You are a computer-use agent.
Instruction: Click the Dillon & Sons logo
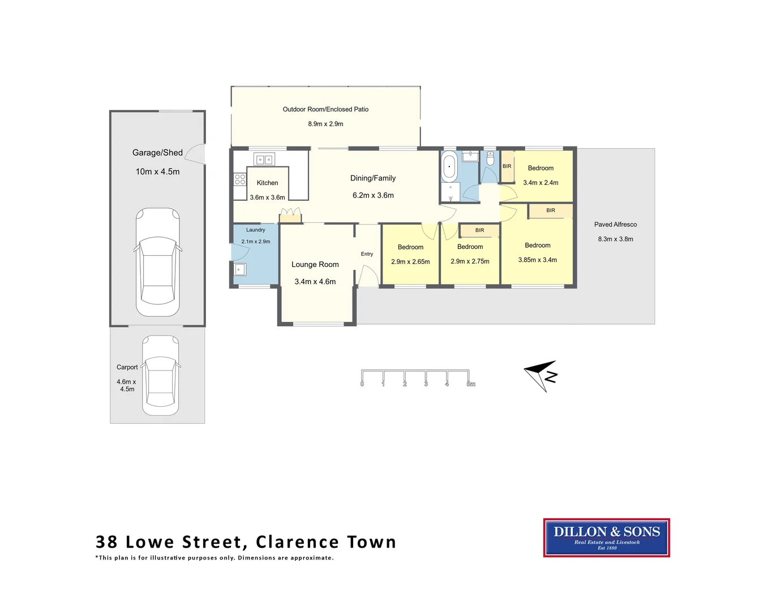pyautogui.click(x=606, y=537)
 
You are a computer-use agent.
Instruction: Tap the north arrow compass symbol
pyautogui.click(x=541, y=375)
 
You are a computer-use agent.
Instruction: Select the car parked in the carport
pyautogui.click(x=161, y=375)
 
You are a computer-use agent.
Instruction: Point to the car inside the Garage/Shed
pyautogui.click(x=158, y=263)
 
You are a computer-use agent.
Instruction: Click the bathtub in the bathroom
pyautogui.click(x=449, y=166)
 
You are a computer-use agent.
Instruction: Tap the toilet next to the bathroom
pyautogui.click(x=490, y=158)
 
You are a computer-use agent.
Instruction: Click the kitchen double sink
pyautogui.click(x=264, y=160)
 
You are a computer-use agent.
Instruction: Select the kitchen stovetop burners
pyautogui.click(x=240, y=179)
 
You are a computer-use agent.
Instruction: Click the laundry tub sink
pyautogui.click(x=240, y=270)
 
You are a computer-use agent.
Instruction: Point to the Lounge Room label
pyautogui.click(x=315, y=264)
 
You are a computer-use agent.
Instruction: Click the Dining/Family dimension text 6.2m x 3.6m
pyautogui.click(x=373, y=195)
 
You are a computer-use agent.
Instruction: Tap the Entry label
pyautogui.click(x=367, y=254)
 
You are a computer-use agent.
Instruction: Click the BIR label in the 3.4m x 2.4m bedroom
pyautogui.click(x=507, y=166)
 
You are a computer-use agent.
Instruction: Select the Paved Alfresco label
pyautogui.click(x=615, y=225)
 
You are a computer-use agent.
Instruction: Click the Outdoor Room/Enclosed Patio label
pyautogui.click(x=325, y=109)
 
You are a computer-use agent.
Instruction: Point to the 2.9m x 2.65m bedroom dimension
pyautogui.click(x=410, y=262)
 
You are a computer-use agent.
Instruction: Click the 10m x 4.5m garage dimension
pyautogui.click(x=157, y=171)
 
